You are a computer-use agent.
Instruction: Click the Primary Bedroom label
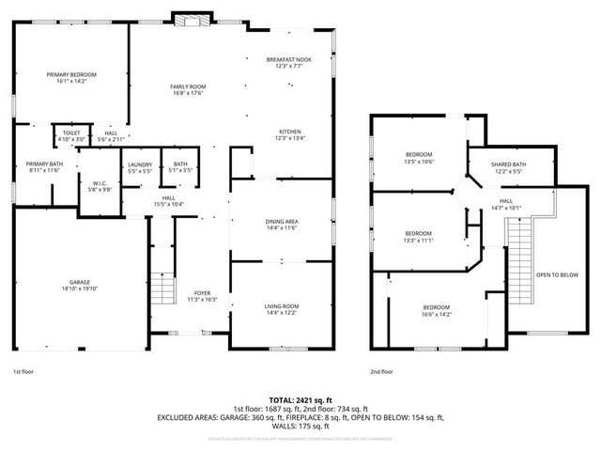[x=72, y=74]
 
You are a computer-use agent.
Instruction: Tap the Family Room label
[x=188, y=86]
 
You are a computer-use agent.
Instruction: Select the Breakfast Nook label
[x=288, y=59]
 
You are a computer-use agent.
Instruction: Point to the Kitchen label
[x=288, y=131]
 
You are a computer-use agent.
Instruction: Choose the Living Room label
[x=282, y=305]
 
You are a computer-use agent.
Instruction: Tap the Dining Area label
[x=282, y=222]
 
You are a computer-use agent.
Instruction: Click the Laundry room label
[x=140, y=164]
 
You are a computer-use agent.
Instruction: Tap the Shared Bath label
[x=508, y=164]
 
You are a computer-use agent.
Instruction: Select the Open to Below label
[x=556, y=274]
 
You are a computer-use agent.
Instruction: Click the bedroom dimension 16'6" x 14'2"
[x=436, y=316]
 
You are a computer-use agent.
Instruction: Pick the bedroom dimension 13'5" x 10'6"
[x=419, y=161]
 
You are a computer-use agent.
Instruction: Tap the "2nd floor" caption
[x=381, y=371]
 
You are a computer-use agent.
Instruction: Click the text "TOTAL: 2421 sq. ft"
[x=300, y=400]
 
